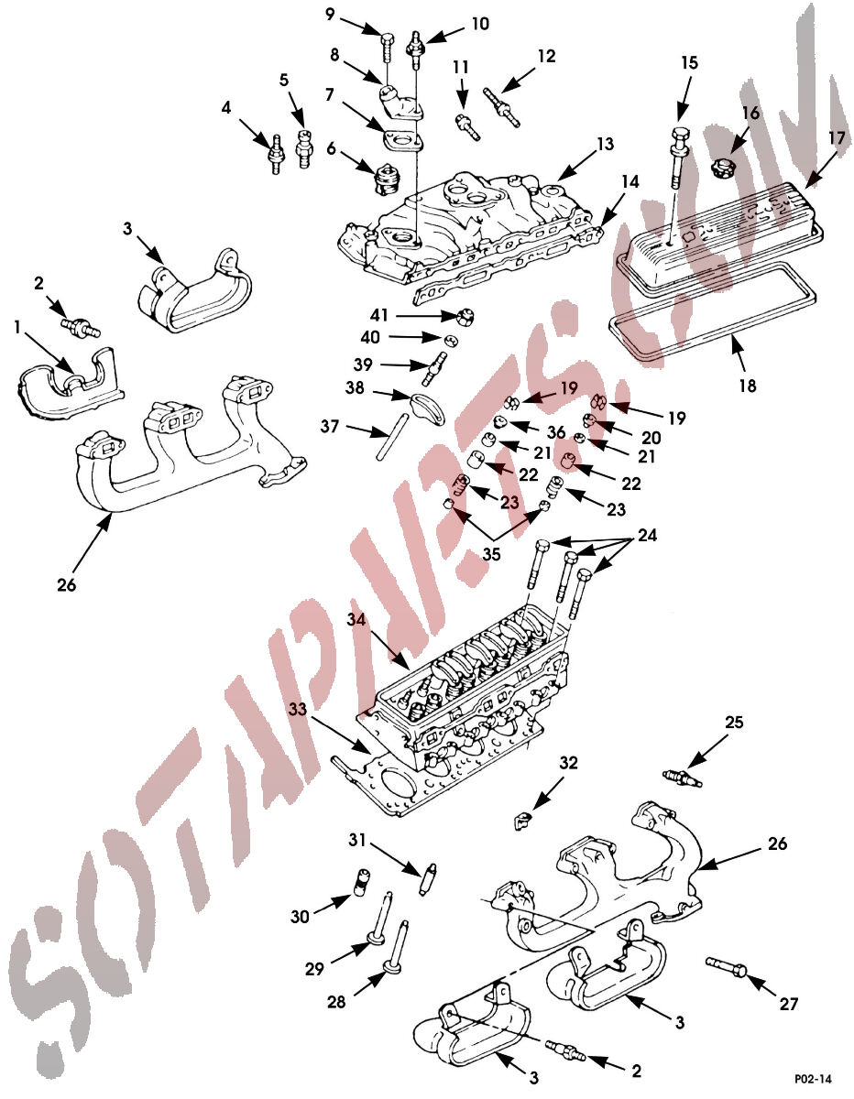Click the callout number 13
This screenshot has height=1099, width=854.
pos(605,144)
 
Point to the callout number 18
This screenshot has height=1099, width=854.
pos(748,386)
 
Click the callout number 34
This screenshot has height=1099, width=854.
pos(356,619)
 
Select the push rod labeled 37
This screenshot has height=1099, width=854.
pos(392,437)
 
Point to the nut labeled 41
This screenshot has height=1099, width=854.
pos(464,318)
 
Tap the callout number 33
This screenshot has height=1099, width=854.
pos(298,709)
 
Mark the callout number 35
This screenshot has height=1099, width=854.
pos(491,554)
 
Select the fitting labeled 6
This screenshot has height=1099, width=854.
pos(387,179)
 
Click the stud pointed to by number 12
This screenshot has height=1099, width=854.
pos(501,108)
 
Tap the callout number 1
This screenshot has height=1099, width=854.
pos(17,328)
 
